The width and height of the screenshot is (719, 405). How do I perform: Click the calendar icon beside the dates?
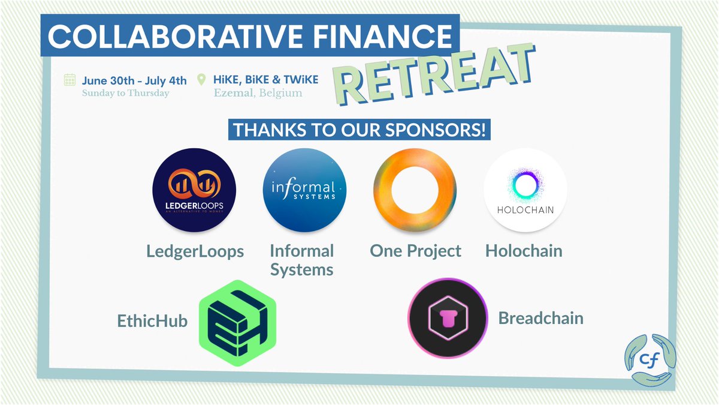tap(70, 80)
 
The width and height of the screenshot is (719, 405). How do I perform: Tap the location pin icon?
tap(201, 80)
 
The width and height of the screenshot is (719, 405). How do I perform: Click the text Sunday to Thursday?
tap(126, 93)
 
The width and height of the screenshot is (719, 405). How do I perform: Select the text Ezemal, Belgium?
tap(258, 93)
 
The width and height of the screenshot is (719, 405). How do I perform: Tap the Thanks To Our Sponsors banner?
tap(359, 130)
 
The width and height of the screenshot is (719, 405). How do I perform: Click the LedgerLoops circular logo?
tap(194, 190)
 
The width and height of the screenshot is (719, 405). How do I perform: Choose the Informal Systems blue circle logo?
tap(304, 190)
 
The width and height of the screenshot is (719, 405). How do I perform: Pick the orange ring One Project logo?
tap(415, 190)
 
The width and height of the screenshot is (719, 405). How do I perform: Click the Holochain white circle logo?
tap(525, 190)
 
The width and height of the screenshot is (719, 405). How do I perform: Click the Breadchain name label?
tap(540, 317)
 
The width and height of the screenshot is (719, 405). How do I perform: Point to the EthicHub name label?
tap(152, 321)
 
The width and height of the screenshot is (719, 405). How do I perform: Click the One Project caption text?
tap(415, 250)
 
